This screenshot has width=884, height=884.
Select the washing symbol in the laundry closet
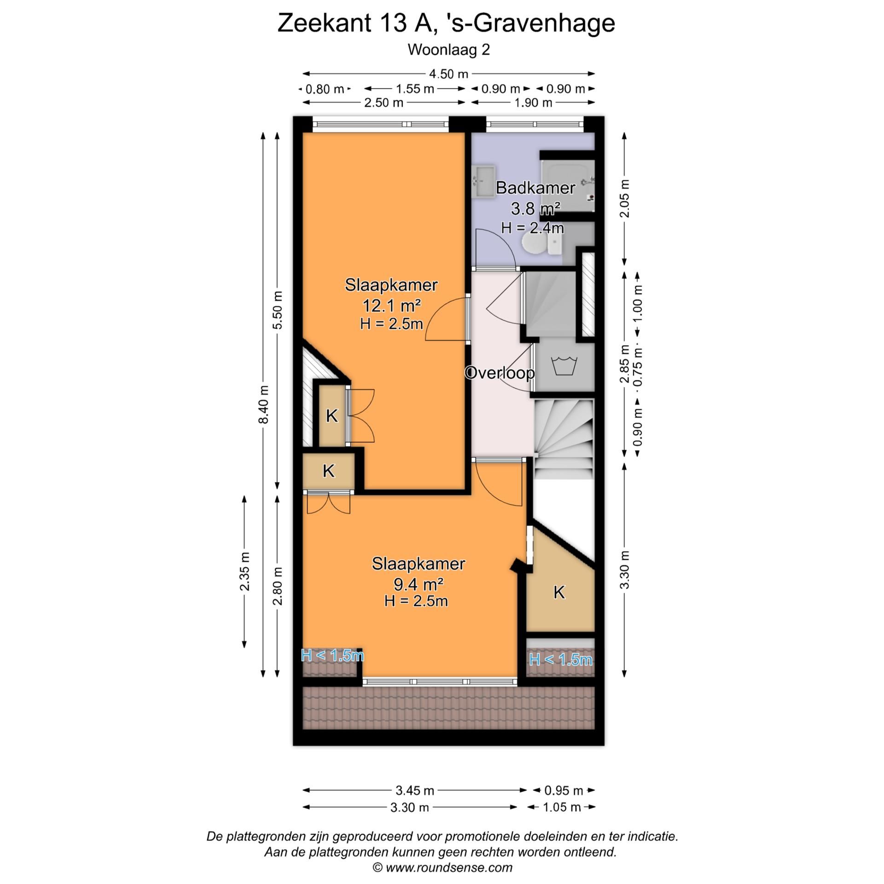pyautogui.click(x=563, y=366)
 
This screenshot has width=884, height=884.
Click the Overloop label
pyautogui.click(x=499, y=373)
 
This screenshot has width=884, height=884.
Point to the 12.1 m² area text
pyautogui.click(x=391, y=305)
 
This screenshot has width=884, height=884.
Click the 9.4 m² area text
pyautogui.click(x=418, y=584)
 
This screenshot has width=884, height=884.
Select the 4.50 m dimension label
pyautogui.click(x=448, y=74)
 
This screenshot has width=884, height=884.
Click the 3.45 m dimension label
pyautogui.click(x=414, y=791)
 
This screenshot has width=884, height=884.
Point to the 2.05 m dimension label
pyautogui.click(x=624, y=198)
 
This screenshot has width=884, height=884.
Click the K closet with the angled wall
pyautogui.click(x=558, y=592)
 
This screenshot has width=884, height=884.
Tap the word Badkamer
pyautogui.click(x=535, y=188)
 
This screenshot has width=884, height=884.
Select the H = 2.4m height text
pyautogui.click(x=532, y=227)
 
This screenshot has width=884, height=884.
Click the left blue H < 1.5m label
pyautogui.click(x=332, y=655)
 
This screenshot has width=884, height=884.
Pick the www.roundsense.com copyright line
pyautogui.click(x=442, y=867)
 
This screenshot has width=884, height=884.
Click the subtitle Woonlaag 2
pyautogui.click(x=448, y=50)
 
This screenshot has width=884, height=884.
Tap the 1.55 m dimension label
pyautogui.click(x=415, y=88)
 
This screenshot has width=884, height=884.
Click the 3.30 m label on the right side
pyautogui.click(x=624, y=570)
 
